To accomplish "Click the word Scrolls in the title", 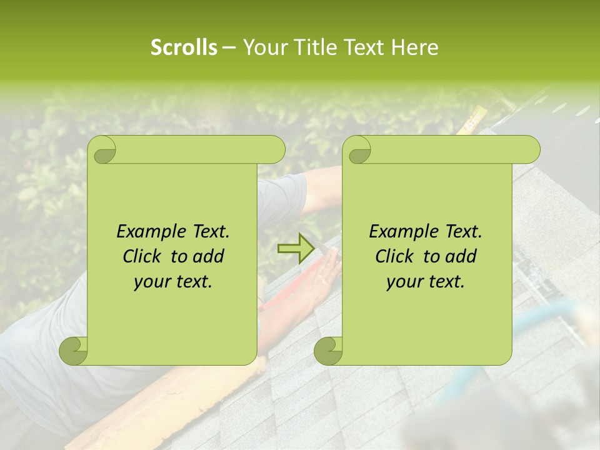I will click(x=184, y=47).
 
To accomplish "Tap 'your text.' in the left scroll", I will click(x=173, y=281).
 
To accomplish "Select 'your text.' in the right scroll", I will click(x=426, y=281).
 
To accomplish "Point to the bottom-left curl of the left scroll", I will click(x=74, y=350).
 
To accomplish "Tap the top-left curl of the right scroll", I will click(x=358, y=149).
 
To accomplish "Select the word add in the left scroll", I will click(x=208, y=256).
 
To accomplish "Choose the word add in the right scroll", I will click(x=461, y=256).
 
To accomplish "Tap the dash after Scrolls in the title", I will click(x=229, y=47).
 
